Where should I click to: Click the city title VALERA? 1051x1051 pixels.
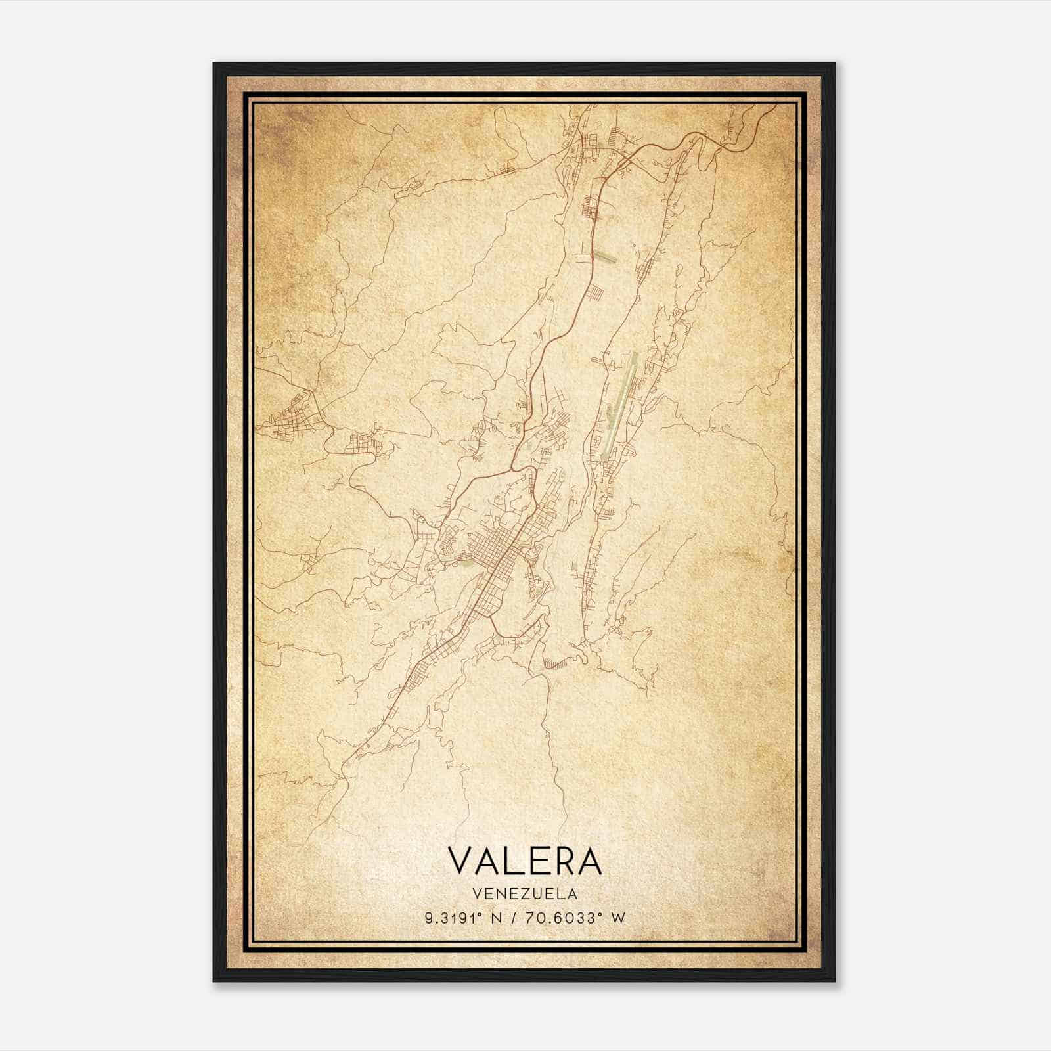(524, 861)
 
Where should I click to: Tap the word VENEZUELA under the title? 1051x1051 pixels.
(524, 894)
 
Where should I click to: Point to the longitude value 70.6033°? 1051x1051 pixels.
(566, 918)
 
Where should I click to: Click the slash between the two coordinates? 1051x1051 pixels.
(514, 918)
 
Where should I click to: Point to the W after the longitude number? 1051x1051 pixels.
(617, 918)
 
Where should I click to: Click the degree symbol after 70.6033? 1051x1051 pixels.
(600, 914)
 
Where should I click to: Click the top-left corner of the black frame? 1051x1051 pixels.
(215, 64)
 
